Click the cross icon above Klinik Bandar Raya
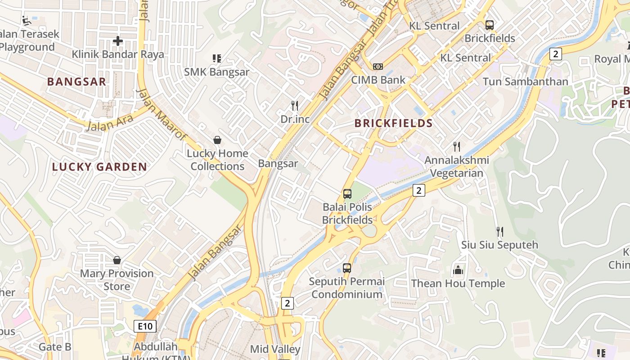(117, 41)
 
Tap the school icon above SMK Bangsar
(216, 58)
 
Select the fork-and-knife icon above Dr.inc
(295, 106)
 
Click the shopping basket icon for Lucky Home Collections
(217, 140)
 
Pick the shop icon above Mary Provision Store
(117, 260)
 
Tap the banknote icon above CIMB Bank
(378, 67)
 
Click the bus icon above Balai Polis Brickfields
(347, 194)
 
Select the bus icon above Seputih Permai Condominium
(347, 268)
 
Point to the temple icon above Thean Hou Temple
(458, 270)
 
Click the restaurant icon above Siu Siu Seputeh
(499, 232)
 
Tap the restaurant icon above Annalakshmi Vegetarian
(457, 146)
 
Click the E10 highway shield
(145, 326)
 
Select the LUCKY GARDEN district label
(99, 167)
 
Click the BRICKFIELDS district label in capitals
(393, 123)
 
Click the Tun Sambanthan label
(525, 81)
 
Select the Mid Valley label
(275, 349)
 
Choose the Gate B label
(55, 347)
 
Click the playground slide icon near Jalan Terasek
(26, 20)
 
